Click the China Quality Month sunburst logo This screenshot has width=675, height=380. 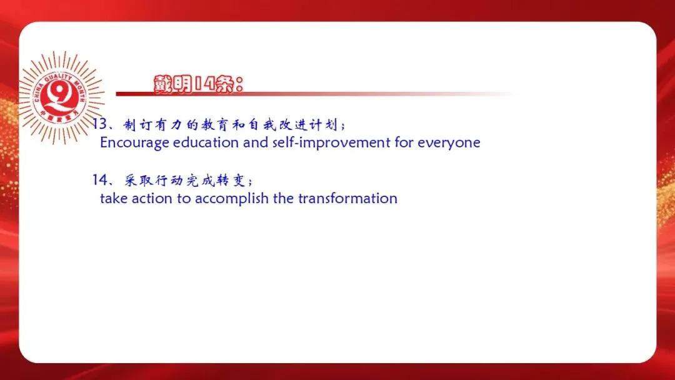pyautogui.click(x=61, y=97)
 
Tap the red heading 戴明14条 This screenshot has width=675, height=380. pyautogui.click(x=199, y=84)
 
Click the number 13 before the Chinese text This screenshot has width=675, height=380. pyautogui.click(x=99, y=124)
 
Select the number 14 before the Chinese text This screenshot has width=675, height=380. pyautogui.click(x=100, y=179)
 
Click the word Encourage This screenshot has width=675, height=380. pyautogui.click(x=134, y=143)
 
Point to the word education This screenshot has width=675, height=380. pyautogui.click(x=206, y=142)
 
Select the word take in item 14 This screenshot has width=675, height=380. pyautogui.click(x=114, y=198)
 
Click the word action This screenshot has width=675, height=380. pyautogui.click(x=152, y=198)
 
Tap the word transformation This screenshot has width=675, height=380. pyautogui.click(x=348, y=198)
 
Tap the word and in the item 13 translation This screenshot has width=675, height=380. pyautogui.click(x=256, y=142)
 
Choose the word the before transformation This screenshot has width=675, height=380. pyautogui.click(x=283, y=198)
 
